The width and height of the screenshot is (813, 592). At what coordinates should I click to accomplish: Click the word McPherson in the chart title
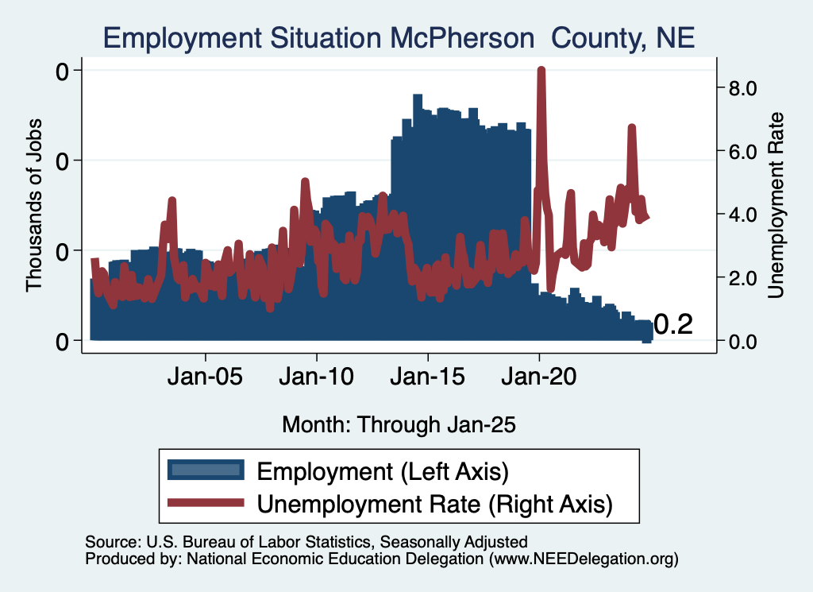tap(463, 38)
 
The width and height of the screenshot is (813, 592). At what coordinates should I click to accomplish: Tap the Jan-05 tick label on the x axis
tap(205, 377)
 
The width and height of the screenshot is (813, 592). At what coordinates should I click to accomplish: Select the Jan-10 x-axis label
tap(316, 377)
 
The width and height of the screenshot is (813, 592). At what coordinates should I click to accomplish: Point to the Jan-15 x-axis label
tap(428, 377)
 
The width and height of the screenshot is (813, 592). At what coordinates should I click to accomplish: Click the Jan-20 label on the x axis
tap(539, 377)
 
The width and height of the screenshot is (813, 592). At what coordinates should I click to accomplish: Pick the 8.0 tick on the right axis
tap(742, 88)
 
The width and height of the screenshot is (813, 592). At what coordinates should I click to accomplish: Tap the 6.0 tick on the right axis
tap(742, 152)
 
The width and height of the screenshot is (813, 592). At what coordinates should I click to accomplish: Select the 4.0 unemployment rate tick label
tap(742, 215)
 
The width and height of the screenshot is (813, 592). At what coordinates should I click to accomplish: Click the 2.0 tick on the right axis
tap(742, 278)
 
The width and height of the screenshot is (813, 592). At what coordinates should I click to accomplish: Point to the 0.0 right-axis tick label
tap(742, 342)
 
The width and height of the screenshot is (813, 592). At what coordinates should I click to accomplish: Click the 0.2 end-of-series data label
tap(673, 325)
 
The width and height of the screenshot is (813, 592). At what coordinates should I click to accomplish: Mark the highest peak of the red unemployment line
tap(541, 69)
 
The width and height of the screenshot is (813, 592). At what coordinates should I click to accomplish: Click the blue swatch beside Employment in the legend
tap(206, 470)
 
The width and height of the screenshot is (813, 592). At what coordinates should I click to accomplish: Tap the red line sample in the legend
tap(206, 502)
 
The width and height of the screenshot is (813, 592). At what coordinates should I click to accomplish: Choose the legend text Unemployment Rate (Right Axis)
tap(434, 505)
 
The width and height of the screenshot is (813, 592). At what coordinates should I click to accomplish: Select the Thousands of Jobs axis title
tap(33, 206)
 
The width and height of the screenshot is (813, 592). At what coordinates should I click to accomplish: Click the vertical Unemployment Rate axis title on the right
tap(776, 206)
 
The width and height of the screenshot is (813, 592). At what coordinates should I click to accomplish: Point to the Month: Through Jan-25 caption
tap(399, 424)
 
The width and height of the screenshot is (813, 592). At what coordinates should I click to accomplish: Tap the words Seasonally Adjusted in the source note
tap(453, 542)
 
